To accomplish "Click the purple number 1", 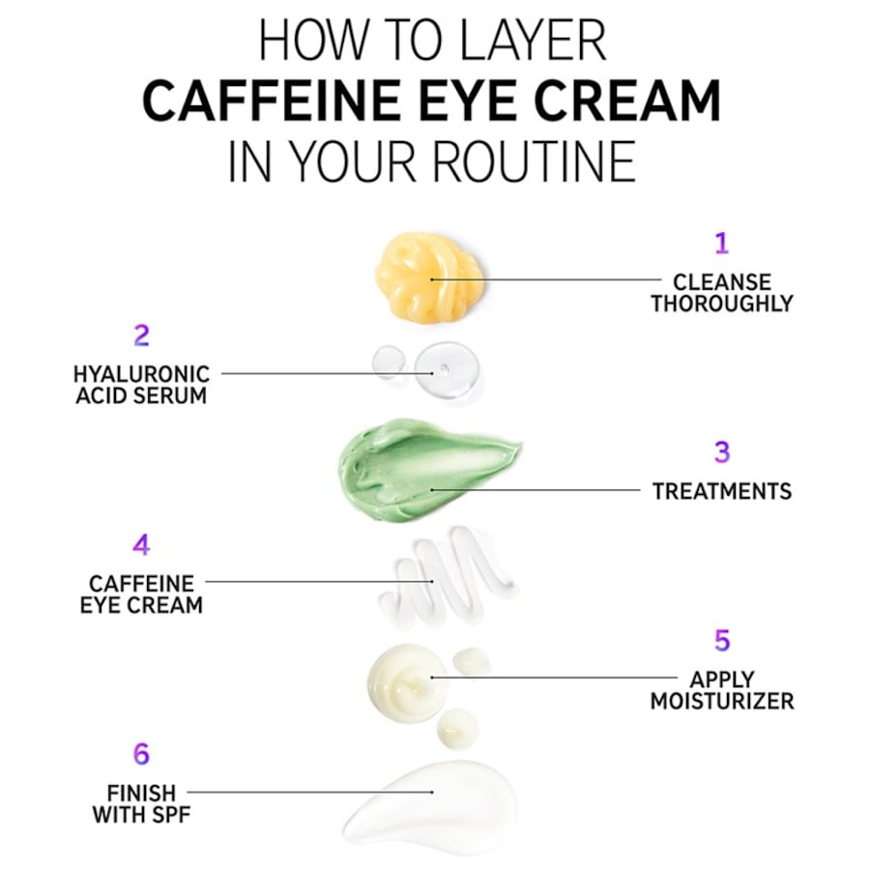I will tap(720, 243).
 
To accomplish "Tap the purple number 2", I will tap(141, 336).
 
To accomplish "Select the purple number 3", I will tap(721, 451).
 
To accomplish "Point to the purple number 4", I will tap(141, 545).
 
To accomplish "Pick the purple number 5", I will tap(721, 641).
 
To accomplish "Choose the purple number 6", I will tap(141, 754).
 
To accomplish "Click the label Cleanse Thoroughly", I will tap(721, 293).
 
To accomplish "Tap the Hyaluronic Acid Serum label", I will tap(141, 384).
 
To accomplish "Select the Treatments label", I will tap(721, 491).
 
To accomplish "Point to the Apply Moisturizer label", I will tap(721, 690).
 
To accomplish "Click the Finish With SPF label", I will tap(141, 803).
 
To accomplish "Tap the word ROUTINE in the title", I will tap(533, 161).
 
